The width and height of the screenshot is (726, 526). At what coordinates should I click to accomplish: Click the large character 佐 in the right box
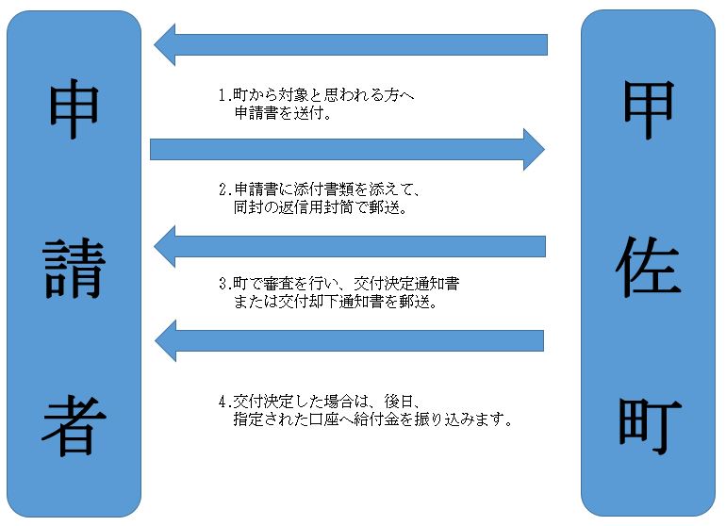(x=649, y=267)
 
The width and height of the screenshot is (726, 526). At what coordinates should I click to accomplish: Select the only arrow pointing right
(x=347, y=149)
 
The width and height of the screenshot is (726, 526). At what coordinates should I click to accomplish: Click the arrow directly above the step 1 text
(x=351, y=44)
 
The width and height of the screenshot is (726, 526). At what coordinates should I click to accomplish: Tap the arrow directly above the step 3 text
(x=351, y=246)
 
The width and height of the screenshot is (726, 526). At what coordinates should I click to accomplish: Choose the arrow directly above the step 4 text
(x=351, y=339)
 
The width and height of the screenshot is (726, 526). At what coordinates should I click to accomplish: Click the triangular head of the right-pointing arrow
(x=534, y=149)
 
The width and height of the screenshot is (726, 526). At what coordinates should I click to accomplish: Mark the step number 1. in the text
(x=223, y=95)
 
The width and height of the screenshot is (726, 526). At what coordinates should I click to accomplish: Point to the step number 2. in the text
(x=223, y=189)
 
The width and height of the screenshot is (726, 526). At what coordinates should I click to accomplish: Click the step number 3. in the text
(x=223, y=283)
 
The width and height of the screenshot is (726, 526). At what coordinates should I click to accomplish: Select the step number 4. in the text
(x=223, y=398)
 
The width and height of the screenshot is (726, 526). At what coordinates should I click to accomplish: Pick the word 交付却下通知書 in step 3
(x=316, y=304)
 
